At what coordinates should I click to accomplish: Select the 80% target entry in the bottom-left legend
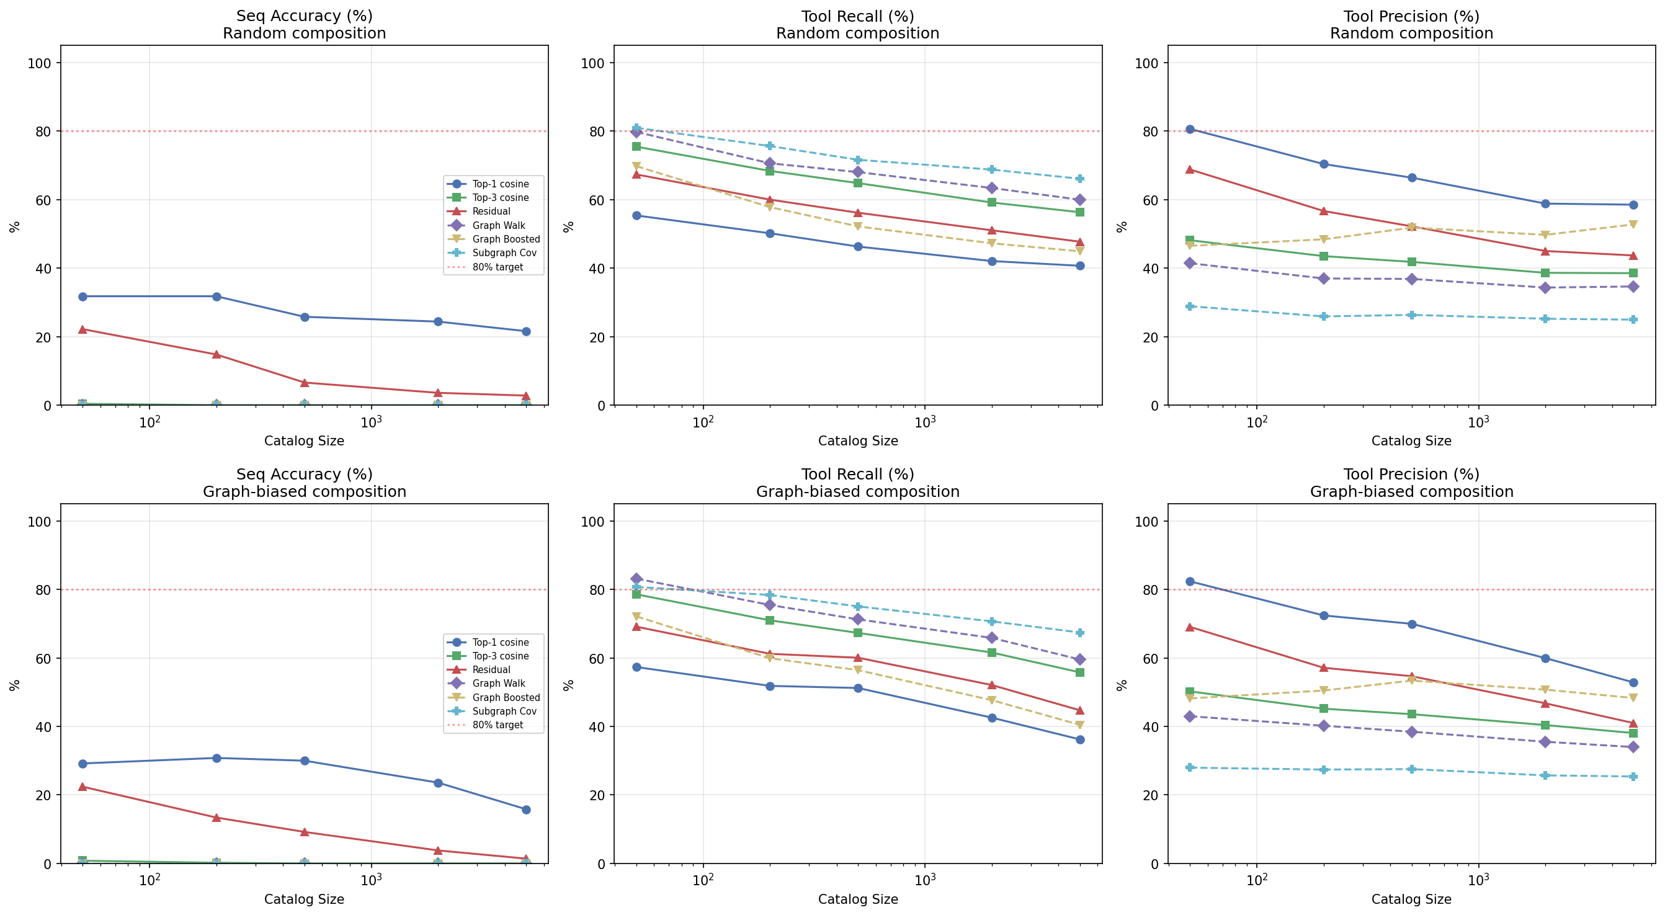pos(497,725)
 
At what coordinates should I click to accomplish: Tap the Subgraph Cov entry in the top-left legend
pos(504,253)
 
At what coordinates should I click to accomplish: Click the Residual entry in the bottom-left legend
pos(491,670)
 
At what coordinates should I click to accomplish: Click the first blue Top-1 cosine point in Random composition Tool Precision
pos(1190,129)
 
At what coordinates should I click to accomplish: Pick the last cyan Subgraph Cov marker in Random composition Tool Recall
pos(1080,179)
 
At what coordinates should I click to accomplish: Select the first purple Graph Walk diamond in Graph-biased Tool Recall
pos(636,579)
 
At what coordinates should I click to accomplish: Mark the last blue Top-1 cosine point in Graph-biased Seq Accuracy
pos(526,810)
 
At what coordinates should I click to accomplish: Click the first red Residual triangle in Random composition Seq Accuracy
pos(83,329)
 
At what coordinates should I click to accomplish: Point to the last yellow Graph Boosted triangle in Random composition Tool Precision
pos(1633,225)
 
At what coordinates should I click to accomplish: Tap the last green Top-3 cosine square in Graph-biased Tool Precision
pos(1633,733)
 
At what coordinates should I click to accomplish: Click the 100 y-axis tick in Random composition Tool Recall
pos(592,63)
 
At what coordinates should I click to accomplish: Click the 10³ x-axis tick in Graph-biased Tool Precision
pos(1478,880)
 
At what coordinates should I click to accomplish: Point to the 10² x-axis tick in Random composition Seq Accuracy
pos(150,421)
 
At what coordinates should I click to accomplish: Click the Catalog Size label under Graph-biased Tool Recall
pos(858,899)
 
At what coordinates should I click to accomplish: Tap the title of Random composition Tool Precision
pos(1411,25)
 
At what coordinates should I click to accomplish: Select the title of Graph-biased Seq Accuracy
pos(305,483)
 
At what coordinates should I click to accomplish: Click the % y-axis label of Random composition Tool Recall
pos(568,226)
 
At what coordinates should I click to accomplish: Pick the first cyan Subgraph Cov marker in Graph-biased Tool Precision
pos(1190,768)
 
